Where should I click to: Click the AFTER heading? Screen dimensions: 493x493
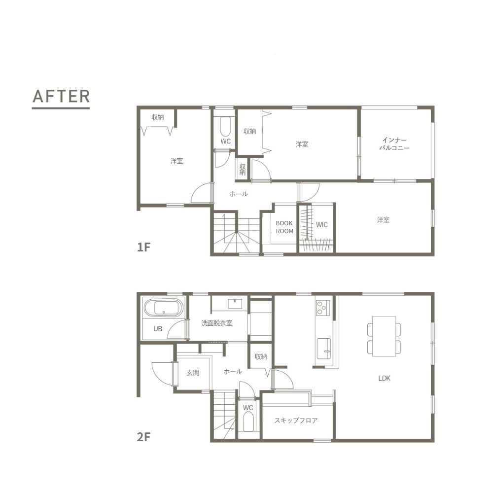tap(61, 96)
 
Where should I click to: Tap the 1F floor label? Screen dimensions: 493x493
tap(143, 247)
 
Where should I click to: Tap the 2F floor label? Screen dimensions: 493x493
tap(143, 437)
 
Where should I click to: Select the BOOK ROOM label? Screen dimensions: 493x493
tap(284, 227)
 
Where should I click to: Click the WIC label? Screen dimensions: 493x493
tap(321, 225)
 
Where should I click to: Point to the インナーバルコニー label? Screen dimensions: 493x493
tap(394, 143)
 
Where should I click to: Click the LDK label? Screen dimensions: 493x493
tap(384, 378)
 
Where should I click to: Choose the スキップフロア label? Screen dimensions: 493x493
tap(296, 421)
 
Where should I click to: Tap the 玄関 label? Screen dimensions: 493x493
tap(193, 373)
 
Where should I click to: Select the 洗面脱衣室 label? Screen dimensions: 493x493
tap(217, 323)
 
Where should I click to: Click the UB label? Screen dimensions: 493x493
tap(158, 329)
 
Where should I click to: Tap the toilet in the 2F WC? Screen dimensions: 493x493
tap(248, 422)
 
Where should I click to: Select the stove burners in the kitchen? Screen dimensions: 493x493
tap(323, 308)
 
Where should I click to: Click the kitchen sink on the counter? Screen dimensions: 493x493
tap(324, 349)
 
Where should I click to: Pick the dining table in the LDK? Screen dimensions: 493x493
tap(384, 336)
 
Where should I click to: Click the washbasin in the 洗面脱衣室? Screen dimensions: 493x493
tap(235, 304)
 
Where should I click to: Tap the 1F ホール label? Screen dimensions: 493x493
tap(239, 194)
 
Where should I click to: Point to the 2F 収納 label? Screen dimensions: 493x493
tap(261, 356)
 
